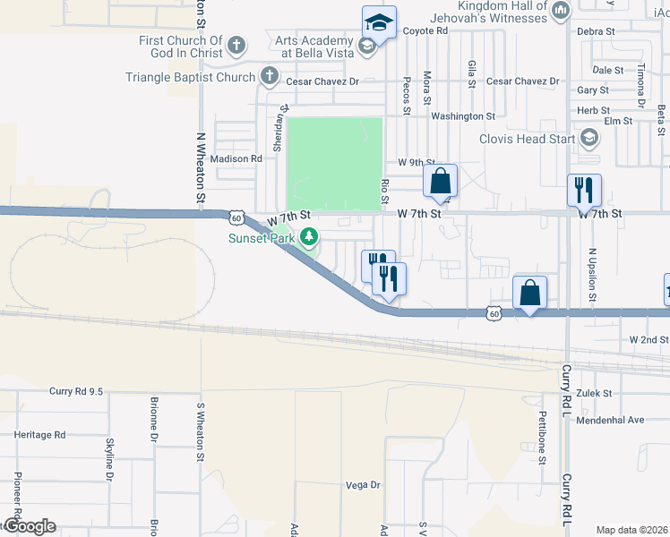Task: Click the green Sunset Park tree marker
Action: point(309,237)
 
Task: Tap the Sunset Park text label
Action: point(262,238)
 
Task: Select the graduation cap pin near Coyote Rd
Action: point(379,23)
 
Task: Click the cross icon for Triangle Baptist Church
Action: point(270,77)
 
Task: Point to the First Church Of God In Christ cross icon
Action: point(236,45)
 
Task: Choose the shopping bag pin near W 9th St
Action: point(440,181)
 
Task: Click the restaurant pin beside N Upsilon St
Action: point(584,190)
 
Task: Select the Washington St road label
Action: point(462,116)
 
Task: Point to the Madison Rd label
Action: point(236,158)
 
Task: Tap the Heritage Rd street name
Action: point(40,435)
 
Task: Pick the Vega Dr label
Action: point(363,485)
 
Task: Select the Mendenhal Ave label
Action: point(610,420)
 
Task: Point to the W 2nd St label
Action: point(649,340)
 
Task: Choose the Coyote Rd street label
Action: point(425,30)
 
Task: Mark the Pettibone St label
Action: point(542,438)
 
